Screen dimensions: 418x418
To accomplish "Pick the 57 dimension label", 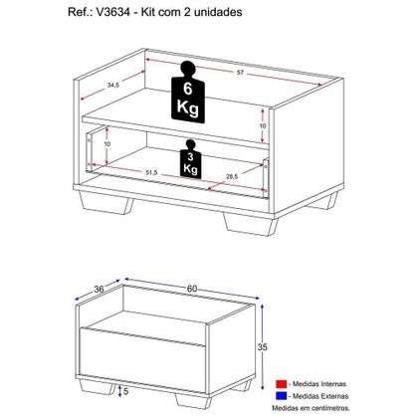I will [239, 73].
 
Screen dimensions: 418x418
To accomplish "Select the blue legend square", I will [282, 394].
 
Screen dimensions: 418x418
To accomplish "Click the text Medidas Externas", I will [325, 394].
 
